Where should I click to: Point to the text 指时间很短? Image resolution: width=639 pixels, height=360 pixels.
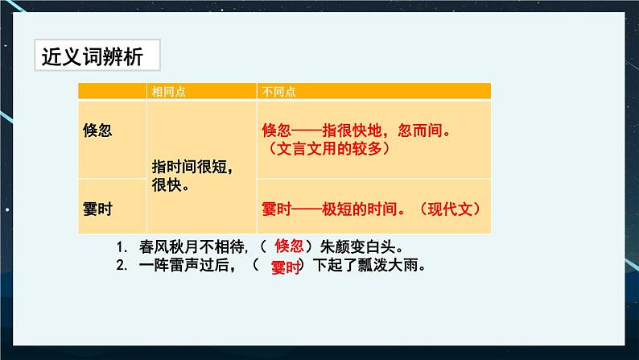[192, 167]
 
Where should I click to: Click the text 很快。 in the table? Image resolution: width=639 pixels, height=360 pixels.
[169, 184]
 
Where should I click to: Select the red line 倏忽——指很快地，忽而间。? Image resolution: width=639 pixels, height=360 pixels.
[356, 129]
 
